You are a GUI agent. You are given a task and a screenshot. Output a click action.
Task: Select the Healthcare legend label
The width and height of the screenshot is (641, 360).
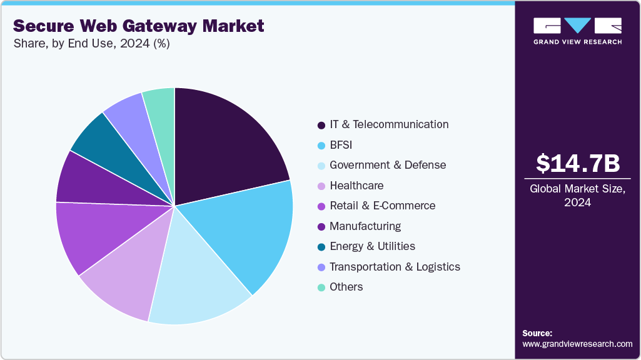[356, 186]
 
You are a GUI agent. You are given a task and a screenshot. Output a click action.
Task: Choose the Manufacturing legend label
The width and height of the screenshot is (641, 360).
[365, 226]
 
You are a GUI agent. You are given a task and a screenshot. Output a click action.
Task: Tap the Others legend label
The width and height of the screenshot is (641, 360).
[346, 286]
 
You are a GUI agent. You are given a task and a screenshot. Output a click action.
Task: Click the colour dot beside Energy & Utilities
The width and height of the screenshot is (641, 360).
[321, 247]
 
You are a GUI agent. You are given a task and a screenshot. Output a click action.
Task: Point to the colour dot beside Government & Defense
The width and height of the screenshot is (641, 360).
[321, 166]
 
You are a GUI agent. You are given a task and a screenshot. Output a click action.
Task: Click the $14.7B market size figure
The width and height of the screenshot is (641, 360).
[577, 163]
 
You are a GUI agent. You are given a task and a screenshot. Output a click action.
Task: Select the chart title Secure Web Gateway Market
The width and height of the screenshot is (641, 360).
[138, 26]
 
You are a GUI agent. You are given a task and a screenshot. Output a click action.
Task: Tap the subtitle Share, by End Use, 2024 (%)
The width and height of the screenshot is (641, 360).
[91, 44]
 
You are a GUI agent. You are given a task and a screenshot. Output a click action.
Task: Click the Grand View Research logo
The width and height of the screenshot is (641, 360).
[577, 31]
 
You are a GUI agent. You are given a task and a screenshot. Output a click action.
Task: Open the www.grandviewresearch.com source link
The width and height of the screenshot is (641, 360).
[577, 344]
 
